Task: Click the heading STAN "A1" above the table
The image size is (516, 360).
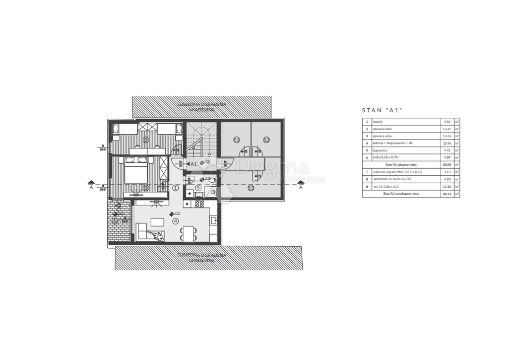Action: click(x=383, y=110)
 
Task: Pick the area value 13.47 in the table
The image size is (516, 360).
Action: click(x=446, y=129)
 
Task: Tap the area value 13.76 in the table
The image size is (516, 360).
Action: click(x=446, y=136)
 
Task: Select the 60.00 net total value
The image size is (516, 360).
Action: click(x=446, y=164)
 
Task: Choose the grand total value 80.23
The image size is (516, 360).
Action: click(x=446, y=193)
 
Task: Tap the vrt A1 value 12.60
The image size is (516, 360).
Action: click(x=446, y=186)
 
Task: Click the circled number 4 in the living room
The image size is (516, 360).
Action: click(x=175, y=221)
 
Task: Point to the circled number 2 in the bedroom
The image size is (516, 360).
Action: click(x=146, y=139)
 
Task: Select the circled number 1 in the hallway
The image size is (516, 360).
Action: click(x=175, y=188)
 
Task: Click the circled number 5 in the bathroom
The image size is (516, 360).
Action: click(x=198, y=188)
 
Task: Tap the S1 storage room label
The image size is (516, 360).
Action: click(x=236, y=139)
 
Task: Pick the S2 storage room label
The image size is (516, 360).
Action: click(x=266, y=139)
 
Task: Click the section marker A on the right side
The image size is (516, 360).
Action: click(x=301, y=187)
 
